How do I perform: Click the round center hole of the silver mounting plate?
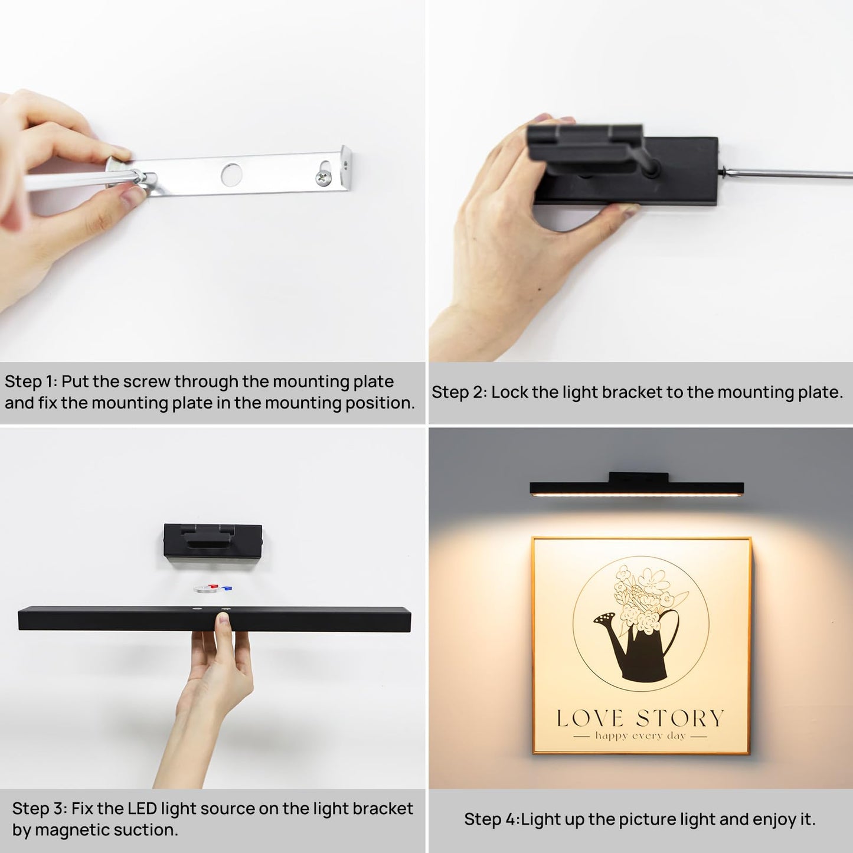231,174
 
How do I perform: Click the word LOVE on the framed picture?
590,718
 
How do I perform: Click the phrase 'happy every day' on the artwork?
640,736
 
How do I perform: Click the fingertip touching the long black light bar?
223,619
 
